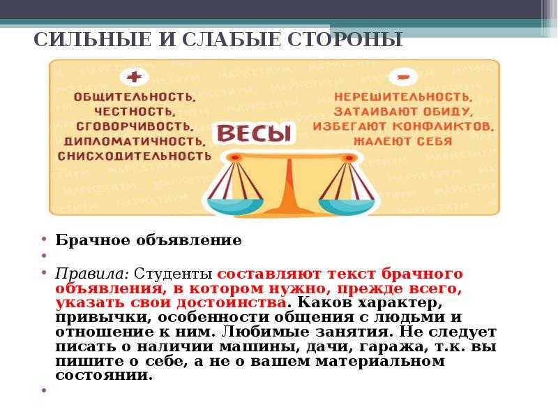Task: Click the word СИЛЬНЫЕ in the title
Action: [x=93, y=40]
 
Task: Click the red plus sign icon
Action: [x=134, y=77]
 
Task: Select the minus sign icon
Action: [x=403, y=77]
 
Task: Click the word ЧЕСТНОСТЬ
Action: [x=135, y=112]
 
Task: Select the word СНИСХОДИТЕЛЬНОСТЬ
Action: [x=135, y=156]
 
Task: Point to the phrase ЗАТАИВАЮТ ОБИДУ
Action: [x=403, y=112]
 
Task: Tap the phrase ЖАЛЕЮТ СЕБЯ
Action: [x=403, y=142]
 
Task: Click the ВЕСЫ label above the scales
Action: [x=254, y=133]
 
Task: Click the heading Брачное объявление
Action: [x=149, y=240]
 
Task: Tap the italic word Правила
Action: [x=92, y=274]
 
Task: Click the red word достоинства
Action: [x=232, y=303]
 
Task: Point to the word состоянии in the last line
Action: [x=103, y=376]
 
